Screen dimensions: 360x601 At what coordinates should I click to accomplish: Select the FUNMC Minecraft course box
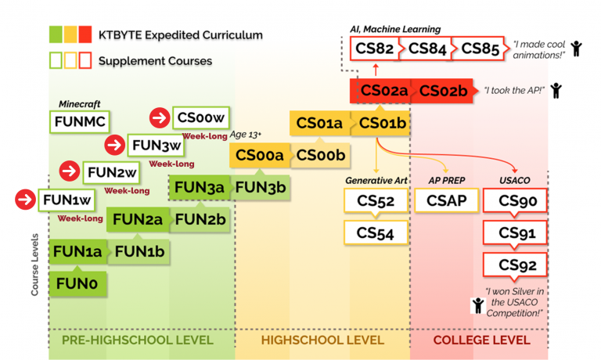[80, 121]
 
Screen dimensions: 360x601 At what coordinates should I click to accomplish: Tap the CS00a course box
[259, 156]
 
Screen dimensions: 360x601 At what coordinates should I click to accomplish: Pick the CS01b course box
[383, 123]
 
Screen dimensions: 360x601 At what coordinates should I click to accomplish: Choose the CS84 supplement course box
[426, 49]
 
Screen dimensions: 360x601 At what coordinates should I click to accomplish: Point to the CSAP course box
[445, 201]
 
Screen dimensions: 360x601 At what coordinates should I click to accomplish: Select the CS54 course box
[376, 232]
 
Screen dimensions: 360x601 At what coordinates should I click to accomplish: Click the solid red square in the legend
[85, 34]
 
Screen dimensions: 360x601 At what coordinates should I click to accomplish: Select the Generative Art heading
[376, 181]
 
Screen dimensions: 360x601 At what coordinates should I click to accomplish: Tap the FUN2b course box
[200, 220]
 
